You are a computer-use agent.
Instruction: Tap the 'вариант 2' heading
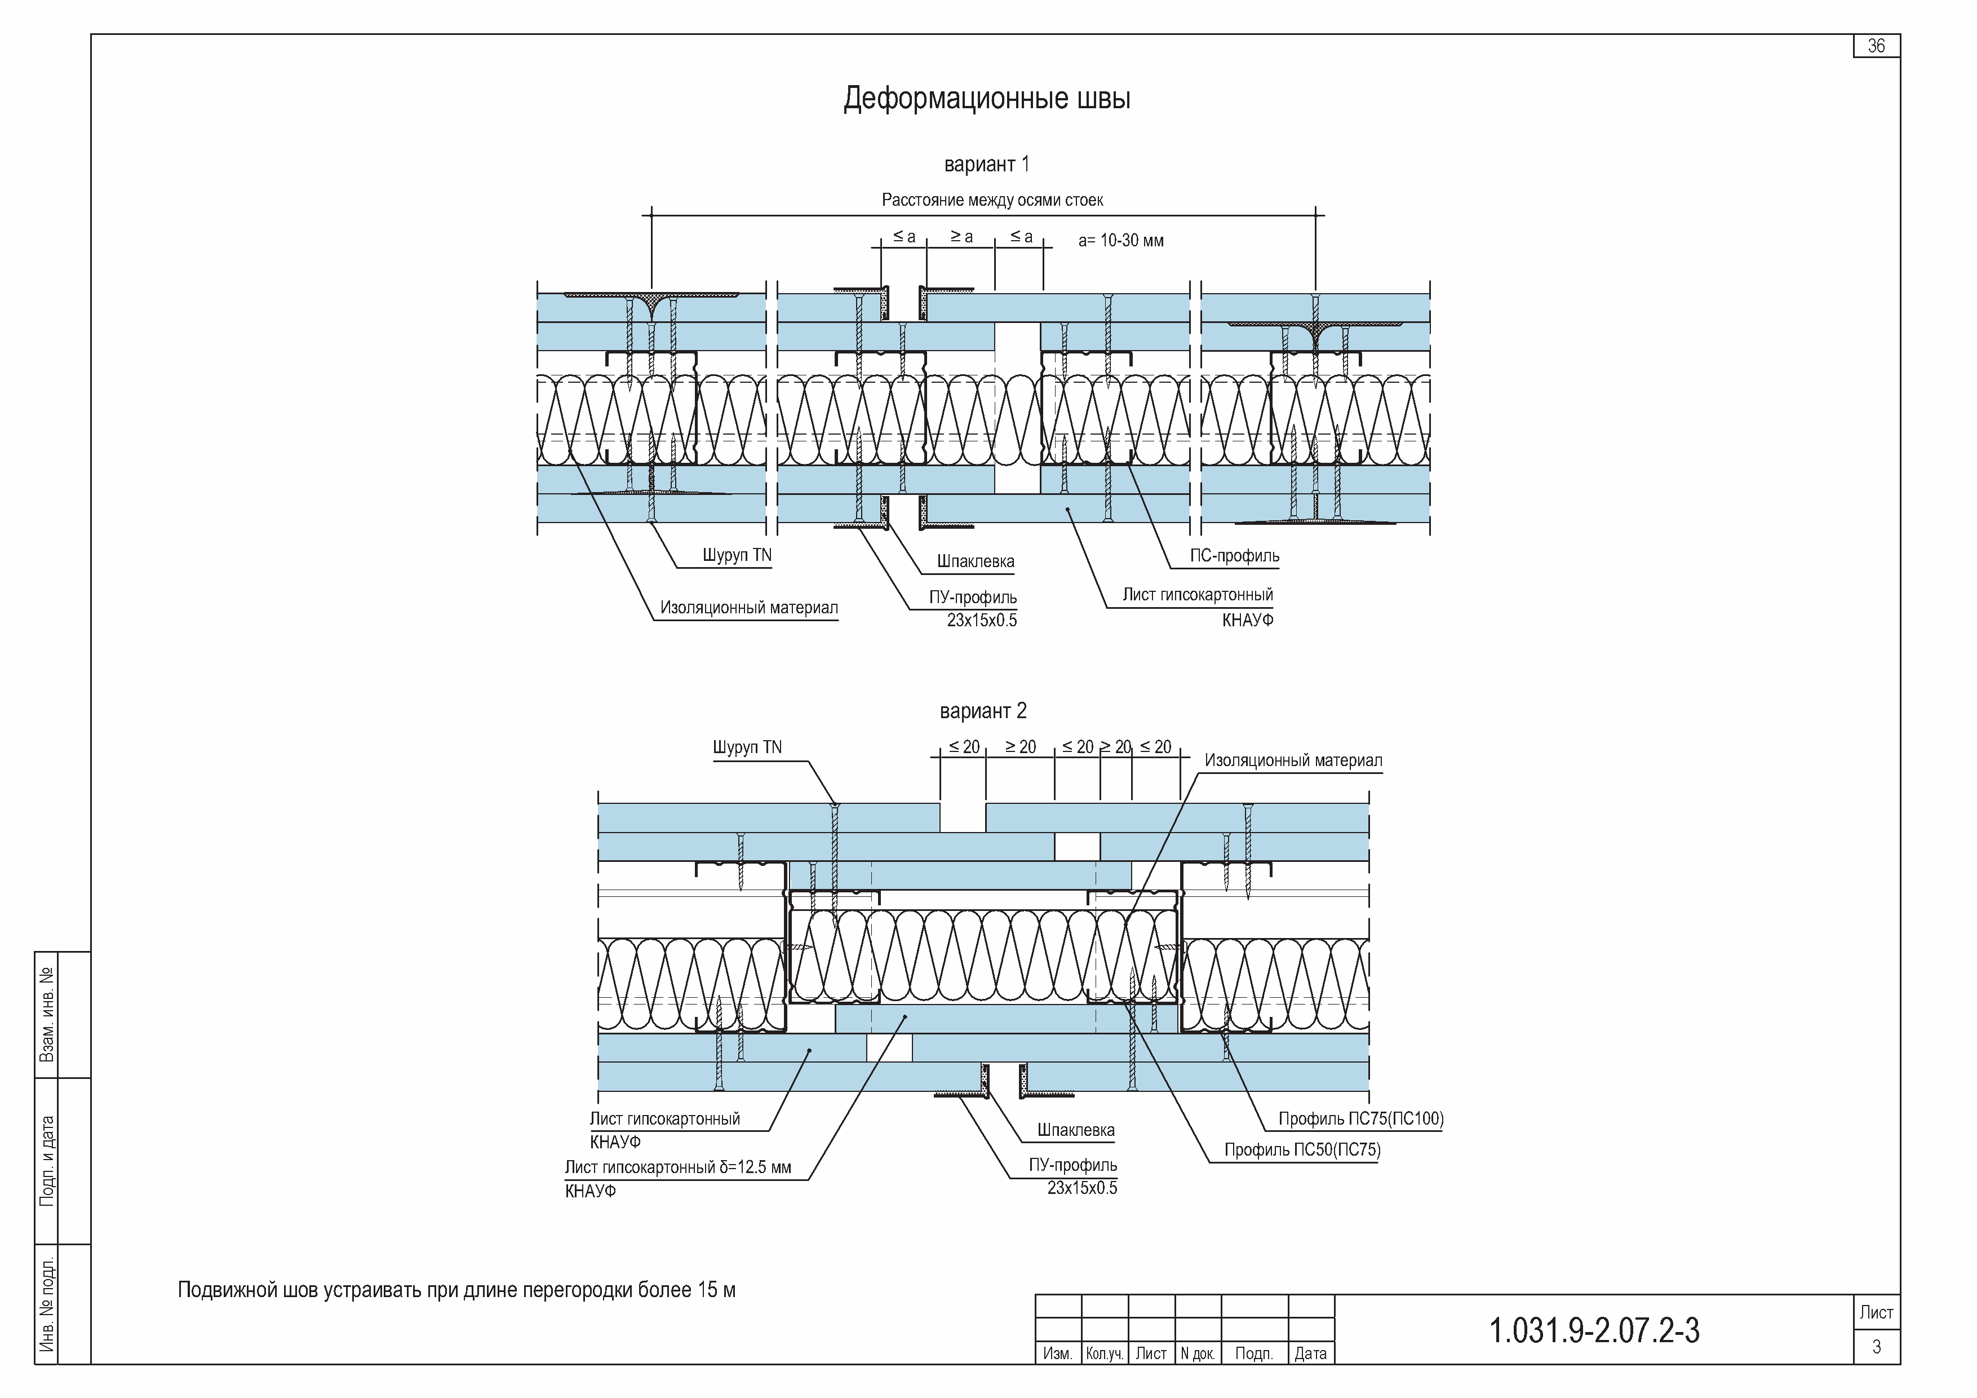983,711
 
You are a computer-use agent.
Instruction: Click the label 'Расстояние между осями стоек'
992,200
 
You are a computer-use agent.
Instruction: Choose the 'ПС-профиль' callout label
1235,556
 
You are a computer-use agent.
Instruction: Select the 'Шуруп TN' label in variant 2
747,747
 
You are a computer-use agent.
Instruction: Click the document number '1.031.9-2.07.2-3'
1595,1331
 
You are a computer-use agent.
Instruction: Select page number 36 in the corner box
1876,46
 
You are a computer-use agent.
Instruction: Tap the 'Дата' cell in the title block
1310,1353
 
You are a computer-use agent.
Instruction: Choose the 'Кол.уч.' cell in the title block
1105,1353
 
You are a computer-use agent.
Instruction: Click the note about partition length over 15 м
456,1289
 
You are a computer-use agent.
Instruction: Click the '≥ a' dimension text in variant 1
962,236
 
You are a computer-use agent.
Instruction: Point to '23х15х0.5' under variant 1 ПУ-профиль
982,620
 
